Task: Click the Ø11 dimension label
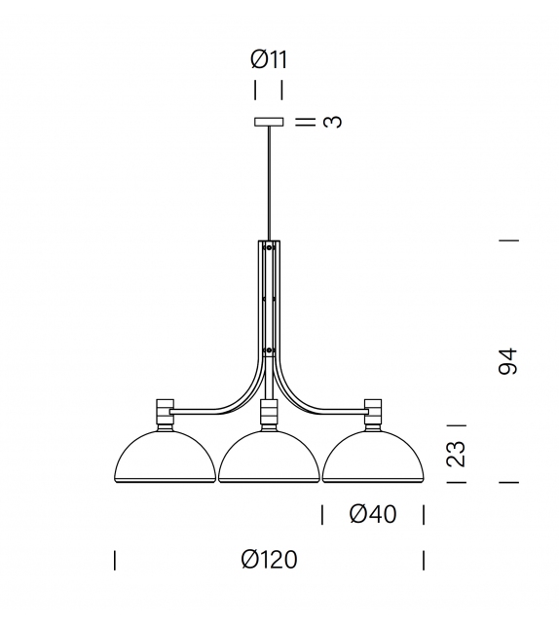[269, 59]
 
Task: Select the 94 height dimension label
[506, 361]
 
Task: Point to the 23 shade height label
[455, 454]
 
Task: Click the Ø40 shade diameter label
[372, 514]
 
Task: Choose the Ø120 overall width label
[269, 560]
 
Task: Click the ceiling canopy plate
[269, 122]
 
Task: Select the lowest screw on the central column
[269, 349]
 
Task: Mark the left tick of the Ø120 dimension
[115, 560]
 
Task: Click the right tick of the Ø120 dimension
[424, 560]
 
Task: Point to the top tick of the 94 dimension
[507, 239]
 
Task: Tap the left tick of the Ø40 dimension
[321, 514]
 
